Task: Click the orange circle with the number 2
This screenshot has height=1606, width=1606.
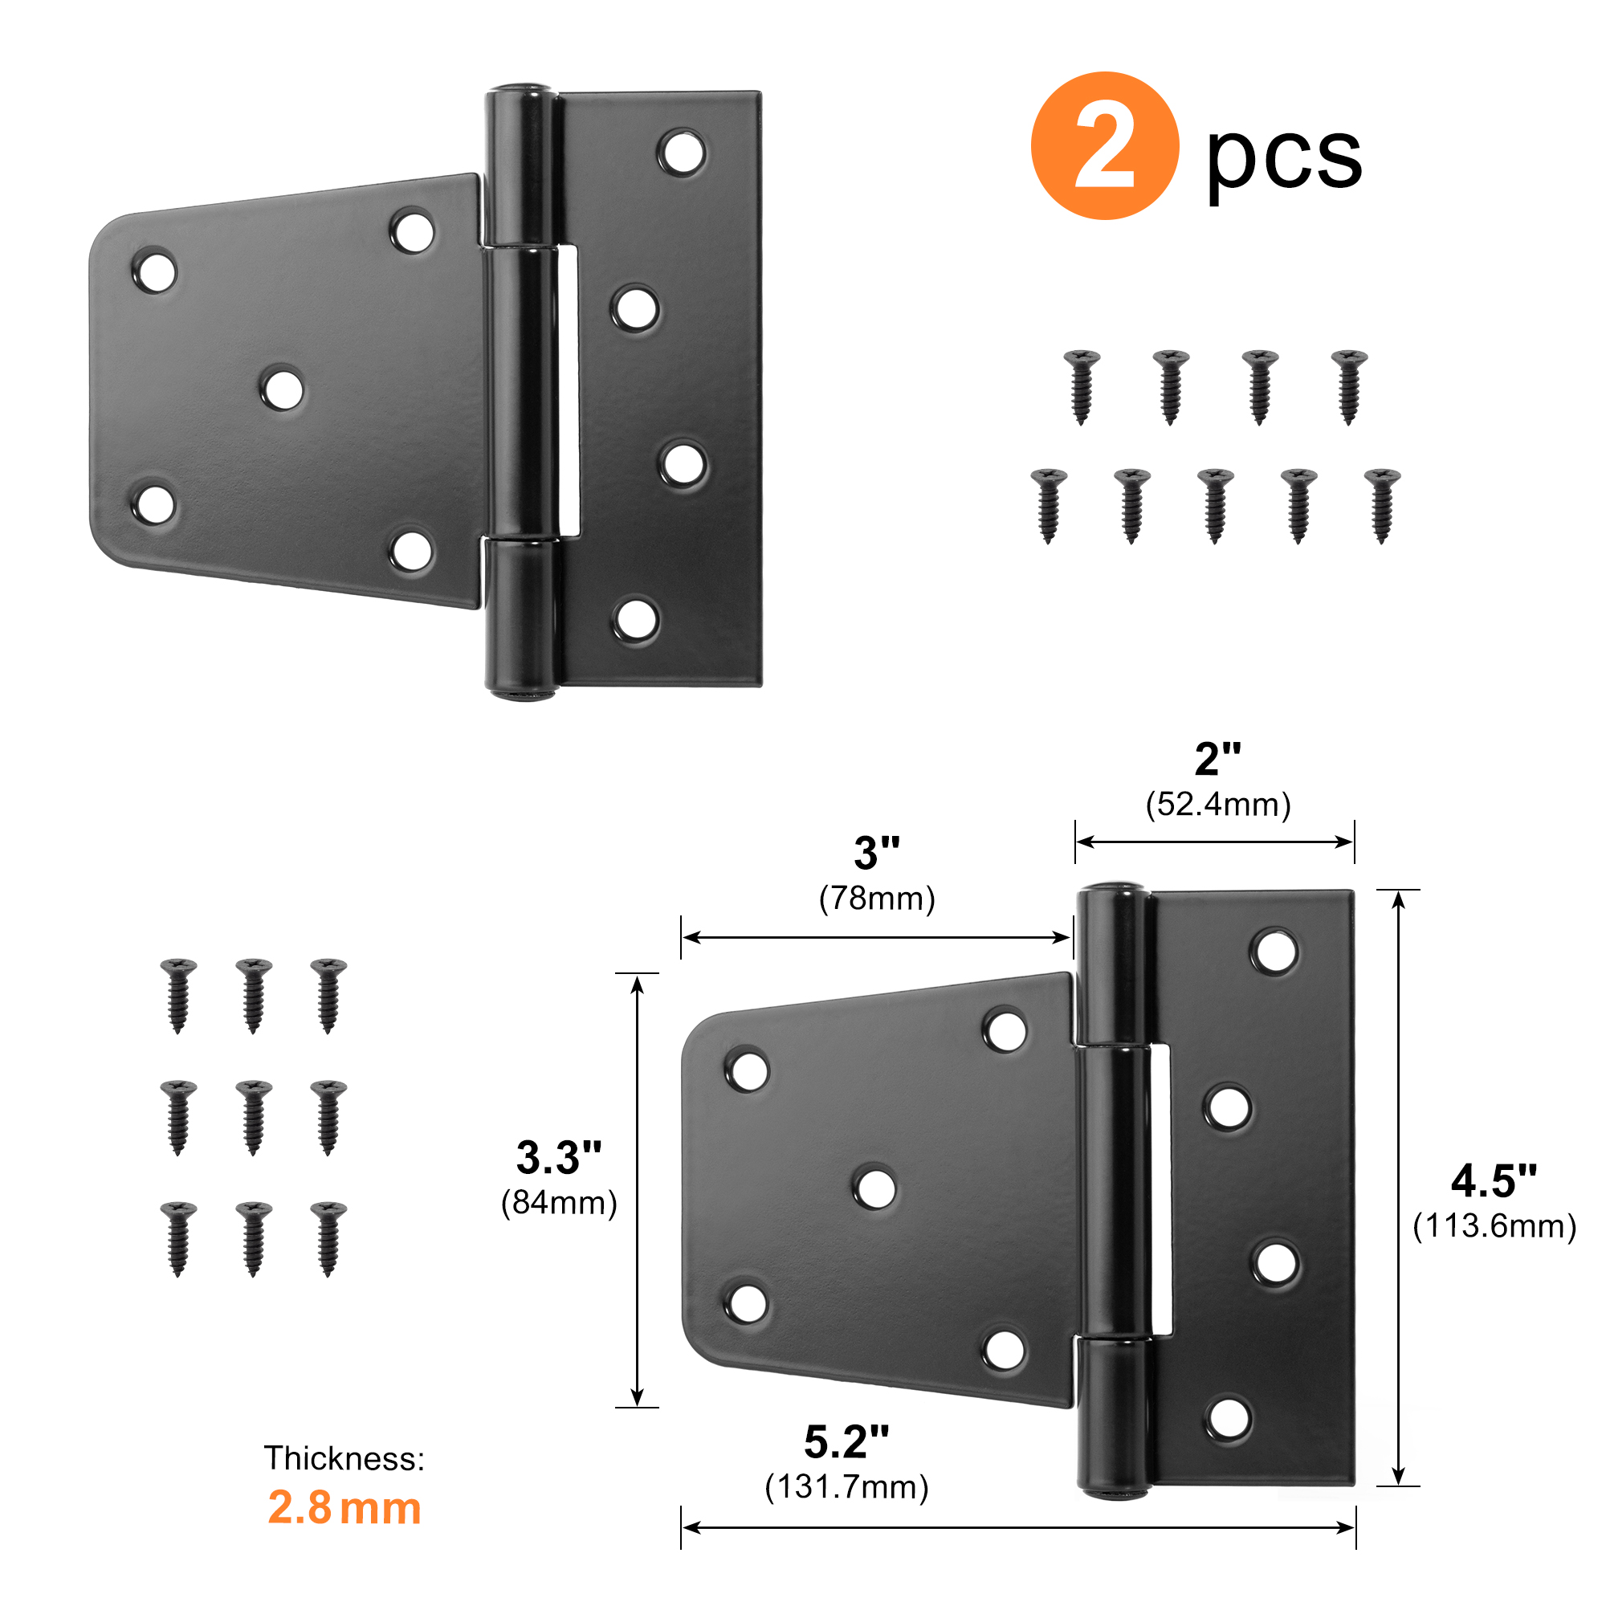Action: click(x=1104, y=145)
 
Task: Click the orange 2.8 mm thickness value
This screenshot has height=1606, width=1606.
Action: click(x=344, y=1507)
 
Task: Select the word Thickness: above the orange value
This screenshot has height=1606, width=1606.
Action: click(x=344, y=1459)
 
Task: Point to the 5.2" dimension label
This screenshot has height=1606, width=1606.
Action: click(x=846, y=1442)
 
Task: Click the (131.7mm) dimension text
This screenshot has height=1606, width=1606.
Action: click(x=846, y=1487)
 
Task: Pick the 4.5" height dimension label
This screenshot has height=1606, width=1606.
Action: click(x=1494, y=1180)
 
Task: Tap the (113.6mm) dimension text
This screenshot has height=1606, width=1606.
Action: click(x=1494, y=1226)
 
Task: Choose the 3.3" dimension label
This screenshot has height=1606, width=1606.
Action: click(x=559, y=1157)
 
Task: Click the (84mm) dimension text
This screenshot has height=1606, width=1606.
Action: click(x=559, y=1203)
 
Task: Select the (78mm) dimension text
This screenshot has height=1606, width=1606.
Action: click(x=877, y=899)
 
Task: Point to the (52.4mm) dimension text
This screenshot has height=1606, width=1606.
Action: click(x=1218, y=804)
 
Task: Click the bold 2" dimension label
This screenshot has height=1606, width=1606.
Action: click(x=1218, y=759)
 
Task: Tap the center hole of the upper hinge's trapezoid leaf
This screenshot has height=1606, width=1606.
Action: click(x=283, y=389)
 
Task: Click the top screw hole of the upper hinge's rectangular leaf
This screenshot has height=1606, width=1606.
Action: click(x=683, y=152)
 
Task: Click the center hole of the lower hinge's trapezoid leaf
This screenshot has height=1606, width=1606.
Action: click(x=875, y=1187)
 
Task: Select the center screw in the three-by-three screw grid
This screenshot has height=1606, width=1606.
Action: click(x=254, y=1117)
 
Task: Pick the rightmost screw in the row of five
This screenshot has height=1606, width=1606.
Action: click(x=1383, y=506)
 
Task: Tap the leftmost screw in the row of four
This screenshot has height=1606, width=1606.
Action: click(x=1082, y=387)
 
